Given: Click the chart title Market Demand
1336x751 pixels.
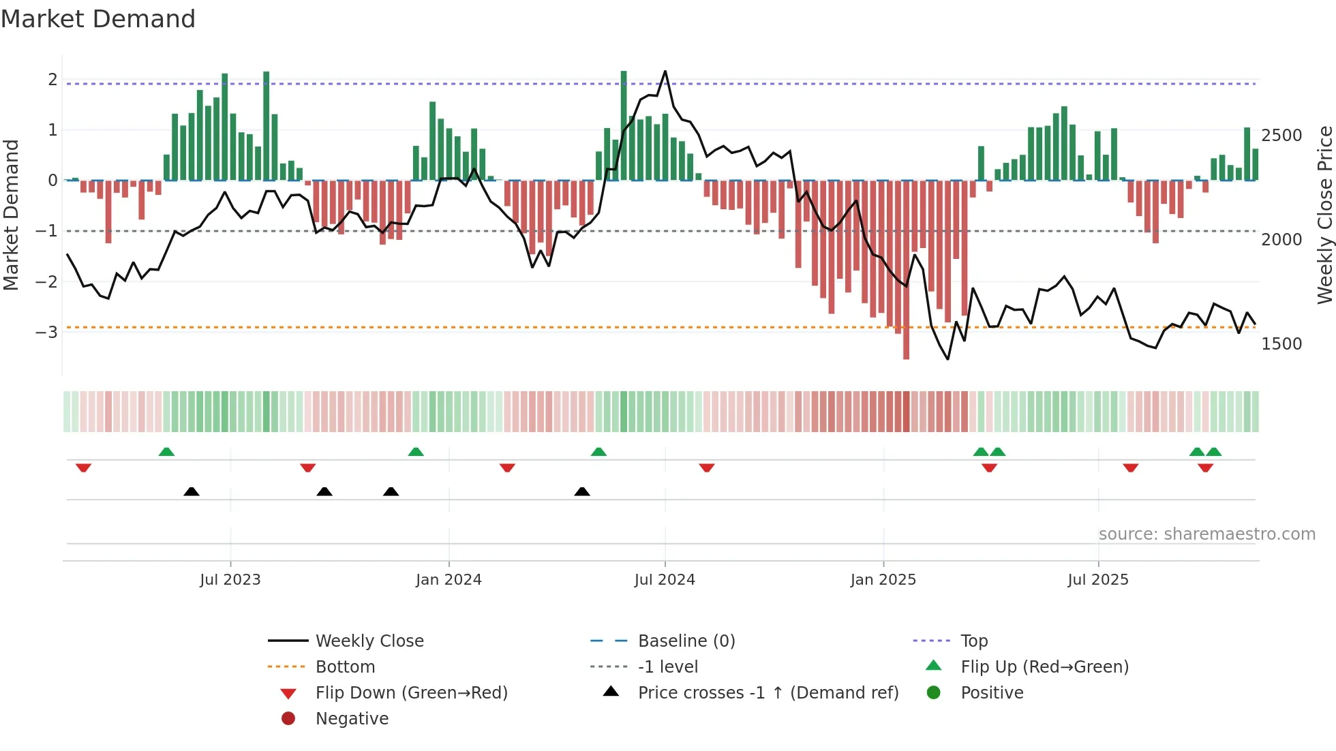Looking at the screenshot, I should click(98, 19).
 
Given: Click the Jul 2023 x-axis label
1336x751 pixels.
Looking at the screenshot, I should click(230, 580).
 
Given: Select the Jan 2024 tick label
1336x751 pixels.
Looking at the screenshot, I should click(449, 580).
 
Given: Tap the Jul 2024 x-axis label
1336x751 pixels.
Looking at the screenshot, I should click(665, 580).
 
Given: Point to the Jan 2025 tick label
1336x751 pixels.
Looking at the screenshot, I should click(883, 580).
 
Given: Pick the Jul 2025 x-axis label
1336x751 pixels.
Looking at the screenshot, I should click(1098, 580).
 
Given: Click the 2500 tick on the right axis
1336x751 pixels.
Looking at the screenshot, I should click(1281, 136).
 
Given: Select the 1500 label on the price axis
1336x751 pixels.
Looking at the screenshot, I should click(1281, 344).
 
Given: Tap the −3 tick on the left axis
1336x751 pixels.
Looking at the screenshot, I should click(46, 333).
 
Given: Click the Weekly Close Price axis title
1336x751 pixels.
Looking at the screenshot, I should click(1324, 215).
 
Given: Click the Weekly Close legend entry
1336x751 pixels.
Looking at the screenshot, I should click(369, 641).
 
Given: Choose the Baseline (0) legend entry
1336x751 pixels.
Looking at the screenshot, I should click(686, 641).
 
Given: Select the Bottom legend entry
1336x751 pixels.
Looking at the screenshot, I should click(345, 667).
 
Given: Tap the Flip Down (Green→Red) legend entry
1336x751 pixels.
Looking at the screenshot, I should click(411, 693).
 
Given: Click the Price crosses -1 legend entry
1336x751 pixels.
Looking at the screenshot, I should click(768, 693).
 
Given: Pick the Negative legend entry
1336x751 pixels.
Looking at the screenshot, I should click(352, 719).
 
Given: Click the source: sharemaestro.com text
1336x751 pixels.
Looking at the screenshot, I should click(1206, 534).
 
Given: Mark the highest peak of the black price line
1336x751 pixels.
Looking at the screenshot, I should click(665, 71).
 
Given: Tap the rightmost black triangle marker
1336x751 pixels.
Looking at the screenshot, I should click(582, 491).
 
